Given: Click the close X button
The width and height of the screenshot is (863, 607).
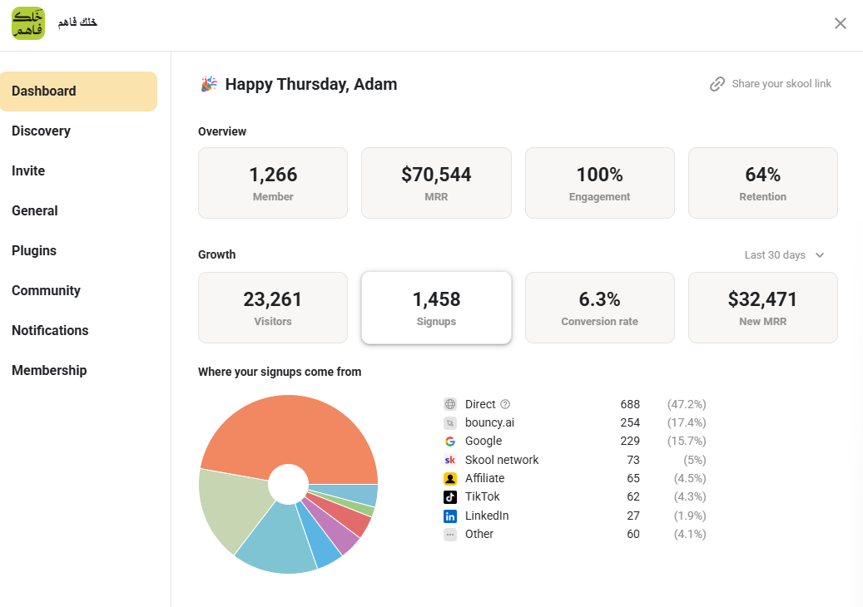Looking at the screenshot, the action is (840, 23).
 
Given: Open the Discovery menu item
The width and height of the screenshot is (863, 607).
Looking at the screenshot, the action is (42, 131).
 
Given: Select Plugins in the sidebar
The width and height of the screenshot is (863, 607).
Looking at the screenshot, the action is (34, 251).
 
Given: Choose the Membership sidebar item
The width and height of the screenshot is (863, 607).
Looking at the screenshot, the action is (49, 371).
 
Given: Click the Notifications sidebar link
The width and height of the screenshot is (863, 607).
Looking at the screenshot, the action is (50, 330).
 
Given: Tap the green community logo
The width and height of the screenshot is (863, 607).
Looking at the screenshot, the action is (28, 23).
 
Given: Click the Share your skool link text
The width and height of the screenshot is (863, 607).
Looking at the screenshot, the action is (781, 84).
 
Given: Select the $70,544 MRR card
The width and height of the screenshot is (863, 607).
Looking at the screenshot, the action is (436, 183).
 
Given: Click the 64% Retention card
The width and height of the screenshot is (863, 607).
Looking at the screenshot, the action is (763, 183).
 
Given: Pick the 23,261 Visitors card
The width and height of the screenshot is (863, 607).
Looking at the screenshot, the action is (273, 308).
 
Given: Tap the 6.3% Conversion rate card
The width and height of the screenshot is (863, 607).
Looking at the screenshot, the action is (600, 308).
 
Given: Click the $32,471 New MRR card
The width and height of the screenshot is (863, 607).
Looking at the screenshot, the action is (763, 308).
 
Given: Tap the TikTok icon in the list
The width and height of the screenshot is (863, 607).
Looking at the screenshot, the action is (450, 497).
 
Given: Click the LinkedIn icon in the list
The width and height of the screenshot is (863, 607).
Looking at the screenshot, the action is (450, 516).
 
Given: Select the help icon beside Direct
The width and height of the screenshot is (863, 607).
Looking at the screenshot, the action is (505, 404).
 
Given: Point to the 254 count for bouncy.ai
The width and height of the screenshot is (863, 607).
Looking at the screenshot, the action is (630, 422).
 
